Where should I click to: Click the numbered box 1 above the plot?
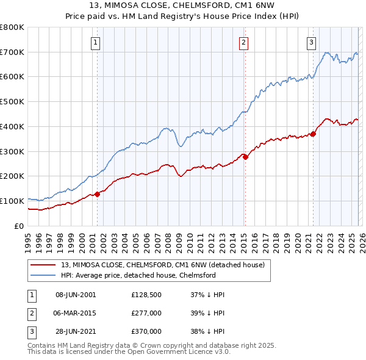pos(96,42)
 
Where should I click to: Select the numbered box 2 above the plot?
pos(243,42)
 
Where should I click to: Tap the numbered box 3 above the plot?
pos(311,42)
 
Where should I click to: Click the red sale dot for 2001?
pos(97,194)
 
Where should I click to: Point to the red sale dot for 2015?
pos(245,157)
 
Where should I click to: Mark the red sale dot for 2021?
pos(313,134)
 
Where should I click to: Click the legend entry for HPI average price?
pos(138,275)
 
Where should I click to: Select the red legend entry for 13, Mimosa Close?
pos(162,265)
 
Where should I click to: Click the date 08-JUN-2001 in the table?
pos(76,295)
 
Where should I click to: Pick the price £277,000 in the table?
pos(146,313)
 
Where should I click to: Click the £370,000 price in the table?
pos(146,331)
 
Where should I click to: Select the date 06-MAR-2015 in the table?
pos(76,313)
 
